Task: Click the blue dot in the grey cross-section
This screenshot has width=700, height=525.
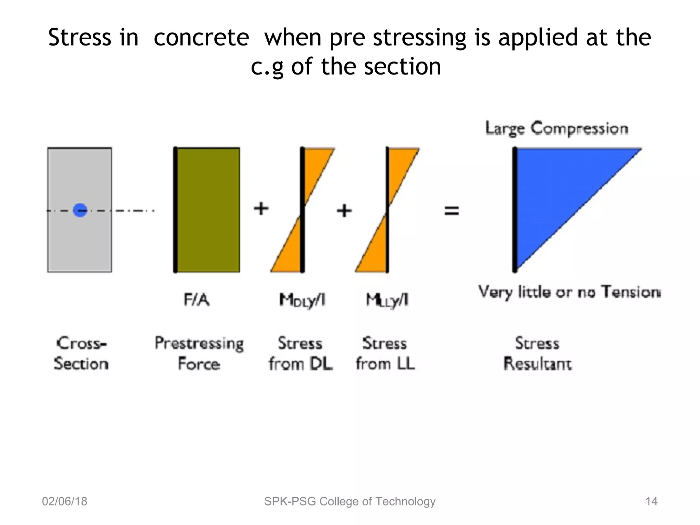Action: tap(80, 210)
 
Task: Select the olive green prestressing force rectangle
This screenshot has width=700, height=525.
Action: tap(208, 210)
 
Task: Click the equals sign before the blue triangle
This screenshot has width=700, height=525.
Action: tap(451, 210)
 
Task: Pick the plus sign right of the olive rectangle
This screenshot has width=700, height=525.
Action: tap(261, 208)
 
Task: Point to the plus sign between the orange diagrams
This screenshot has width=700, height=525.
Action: tap(344, 211)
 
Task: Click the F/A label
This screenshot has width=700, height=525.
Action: tap(197, 300)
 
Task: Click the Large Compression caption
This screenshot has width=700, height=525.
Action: tap(556, 129)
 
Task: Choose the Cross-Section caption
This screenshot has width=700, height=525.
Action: tap(81, 353)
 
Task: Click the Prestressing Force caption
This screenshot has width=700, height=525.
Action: tap(199, 353)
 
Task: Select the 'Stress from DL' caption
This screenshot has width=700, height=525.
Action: tap(300, 353)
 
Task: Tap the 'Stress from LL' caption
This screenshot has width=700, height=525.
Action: tap(385, 353)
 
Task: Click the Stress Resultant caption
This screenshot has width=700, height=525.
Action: tap(537, 353)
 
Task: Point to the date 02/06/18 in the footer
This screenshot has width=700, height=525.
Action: tap(65, 501)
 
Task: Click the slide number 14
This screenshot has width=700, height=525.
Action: tap(651, 501)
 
